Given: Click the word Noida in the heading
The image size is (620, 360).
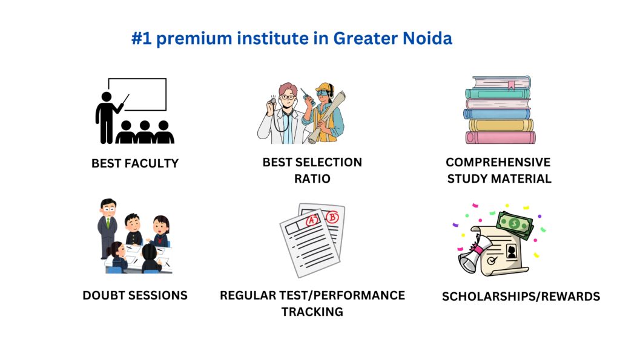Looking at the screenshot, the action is pyautogui.click(x=427, y=38).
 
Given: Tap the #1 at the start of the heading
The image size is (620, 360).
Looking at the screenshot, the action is pyautogui.click(x=141, y=39).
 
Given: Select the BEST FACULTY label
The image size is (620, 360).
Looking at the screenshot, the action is pyautogui.click(x=135, y=163).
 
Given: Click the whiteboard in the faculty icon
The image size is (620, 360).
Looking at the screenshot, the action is pyautogui.click(x=137, y=94).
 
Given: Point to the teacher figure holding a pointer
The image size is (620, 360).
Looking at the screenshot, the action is pyautogui.click(x=109, y=117).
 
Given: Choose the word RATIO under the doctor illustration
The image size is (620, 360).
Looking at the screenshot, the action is pyautogui.click(x=312, y=178).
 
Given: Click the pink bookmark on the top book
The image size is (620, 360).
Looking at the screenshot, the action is pyautogui.click(x=511, y=85).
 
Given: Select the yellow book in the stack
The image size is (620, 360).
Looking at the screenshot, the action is pyautogui.click(x=501, y=125).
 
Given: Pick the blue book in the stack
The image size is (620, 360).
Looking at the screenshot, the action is pyautogui.click(x=496, y=114).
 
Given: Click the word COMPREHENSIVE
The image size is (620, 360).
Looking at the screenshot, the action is pyautogui.click(x=498, y=162).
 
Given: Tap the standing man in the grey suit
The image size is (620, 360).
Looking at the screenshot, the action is pyautogui.click(x=107, y=227).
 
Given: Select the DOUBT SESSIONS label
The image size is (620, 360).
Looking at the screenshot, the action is pyautogui.click(x=135, y=295).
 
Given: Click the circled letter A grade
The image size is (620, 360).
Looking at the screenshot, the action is pyautogui.click(x=312, y=220).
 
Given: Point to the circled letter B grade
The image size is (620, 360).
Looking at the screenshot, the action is pyautogui.click(x=332, y=217).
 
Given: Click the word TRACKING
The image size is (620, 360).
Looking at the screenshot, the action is pyautogui.click(x=312, y=312).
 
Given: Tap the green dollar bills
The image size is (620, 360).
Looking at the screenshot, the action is pyautogui.click(x=515, y=225).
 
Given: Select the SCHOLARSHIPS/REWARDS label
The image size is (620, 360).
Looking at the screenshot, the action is pyautogui.click(x=521, y=296).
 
